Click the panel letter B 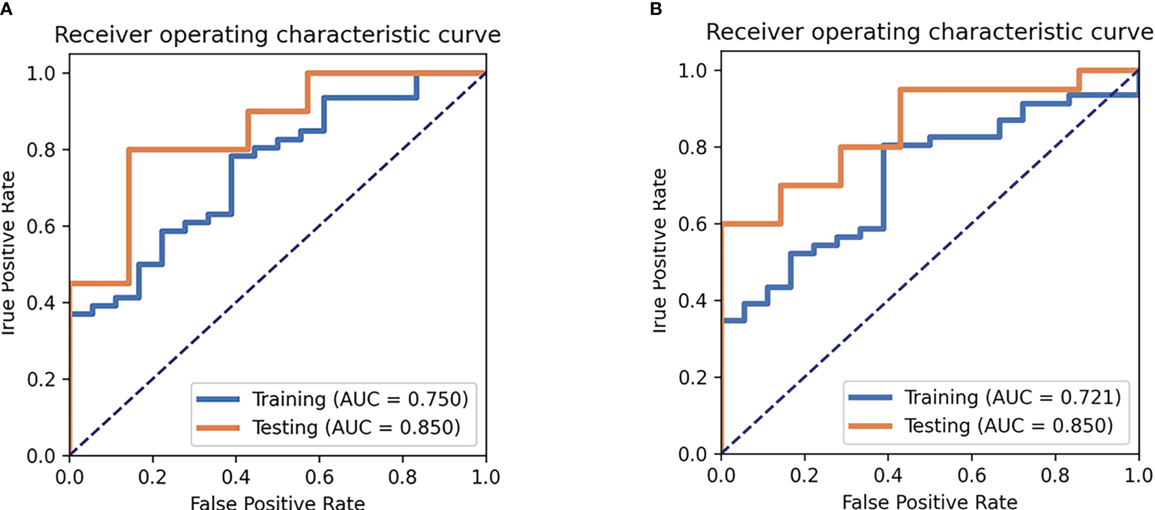[656, 9]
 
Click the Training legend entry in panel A [359, 399]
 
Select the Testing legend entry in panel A [356, 427]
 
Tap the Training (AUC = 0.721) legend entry [1012, 397]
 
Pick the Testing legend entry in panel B [1008, 425]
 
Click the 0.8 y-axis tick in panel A [41, 149]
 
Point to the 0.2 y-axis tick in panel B [692, 377]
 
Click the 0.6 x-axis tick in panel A [319, 477]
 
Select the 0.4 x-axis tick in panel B [888, 475]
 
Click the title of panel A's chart [277, 35]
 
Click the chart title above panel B [929, 32]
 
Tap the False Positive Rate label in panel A [277, 503]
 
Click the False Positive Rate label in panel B [930, 501]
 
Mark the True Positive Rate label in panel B [660, 251]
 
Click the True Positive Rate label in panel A [8, 253]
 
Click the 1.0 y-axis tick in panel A [41, 73]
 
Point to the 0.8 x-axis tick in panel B [1055, 475]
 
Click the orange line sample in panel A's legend [218, 427]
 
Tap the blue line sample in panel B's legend [870, 397]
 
